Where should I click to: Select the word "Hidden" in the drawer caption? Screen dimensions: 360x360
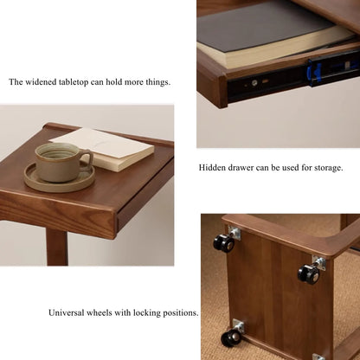213,168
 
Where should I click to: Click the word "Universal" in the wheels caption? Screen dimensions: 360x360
68,312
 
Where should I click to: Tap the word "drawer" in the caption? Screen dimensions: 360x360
244,168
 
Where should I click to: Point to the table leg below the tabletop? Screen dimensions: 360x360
57,247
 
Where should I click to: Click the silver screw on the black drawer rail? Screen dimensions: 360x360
255,84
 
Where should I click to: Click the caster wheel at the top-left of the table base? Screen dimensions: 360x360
224,243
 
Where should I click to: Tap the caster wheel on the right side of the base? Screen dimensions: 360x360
309,274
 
